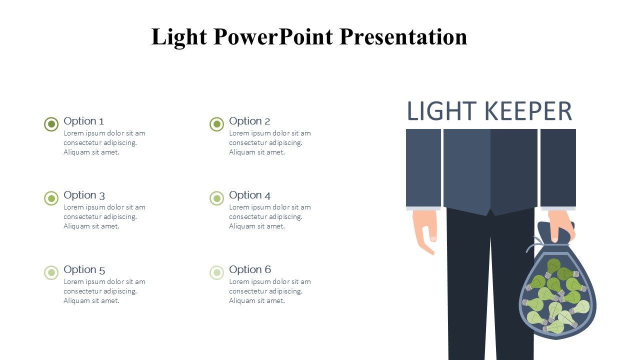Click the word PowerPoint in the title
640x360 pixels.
pos(273,36)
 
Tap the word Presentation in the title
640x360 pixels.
pos(403,36)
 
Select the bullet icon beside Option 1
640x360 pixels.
pos(51,124)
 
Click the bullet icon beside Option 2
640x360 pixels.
pos(216,124)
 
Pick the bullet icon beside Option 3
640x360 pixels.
pos(51,198)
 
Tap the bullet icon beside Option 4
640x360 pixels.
pos(216,198)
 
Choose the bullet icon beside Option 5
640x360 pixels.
pos(51,272)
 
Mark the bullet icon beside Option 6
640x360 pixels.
pos(216,272)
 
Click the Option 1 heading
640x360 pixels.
pos(83,121)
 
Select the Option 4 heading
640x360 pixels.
pos(249,195)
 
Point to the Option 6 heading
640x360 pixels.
pos(249,269)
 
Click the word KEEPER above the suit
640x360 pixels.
pos(528,111)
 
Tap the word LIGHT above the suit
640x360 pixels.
pos(441,111)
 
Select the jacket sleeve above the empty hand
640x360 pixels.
pos(423,168)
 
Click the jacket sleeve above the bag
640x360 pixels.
pos(558,168)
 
